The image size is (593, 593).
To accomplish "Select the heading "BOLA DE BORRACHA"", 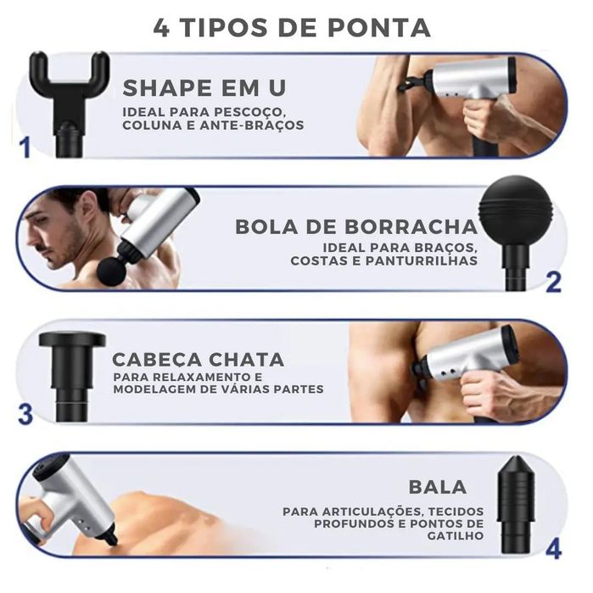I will coord(356,227).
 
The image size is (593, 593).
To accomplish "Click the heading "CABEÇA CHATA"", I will coord(199,359).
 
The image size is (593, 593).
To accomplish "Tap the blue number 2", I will coord(553,282).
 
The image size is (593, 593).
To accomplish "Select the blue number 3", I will coord(25,416).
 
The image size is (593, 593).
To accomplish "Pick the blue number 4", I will coord(553,549).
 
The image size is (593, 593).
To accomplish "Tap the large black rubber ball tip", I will coord(515,210).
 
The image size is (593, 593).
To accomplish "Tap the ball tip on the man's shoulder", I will coord(111,271).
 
